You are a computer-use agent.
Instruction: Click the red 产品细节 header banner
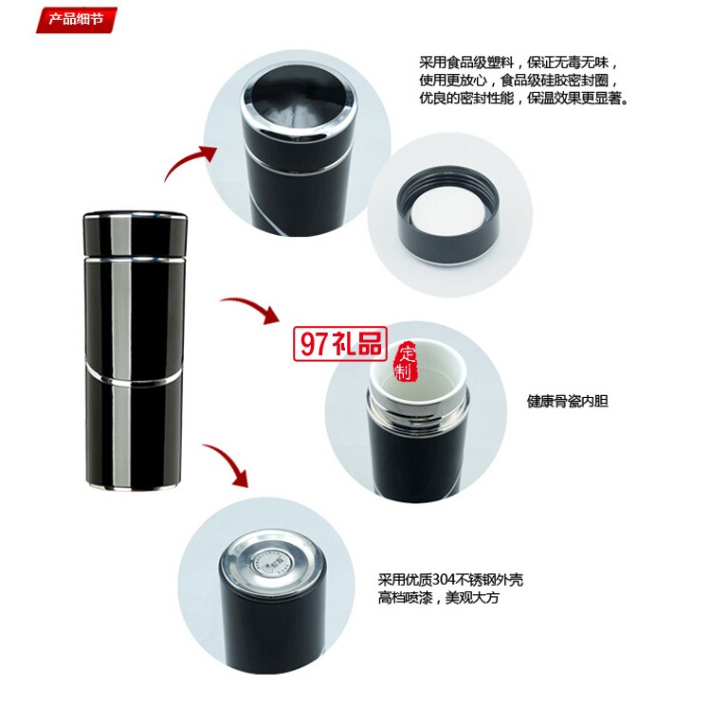77,18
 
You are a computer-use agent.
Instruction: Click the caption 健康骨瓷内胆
567,401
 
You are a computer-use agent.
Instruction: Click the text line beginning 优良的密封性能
524,98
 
